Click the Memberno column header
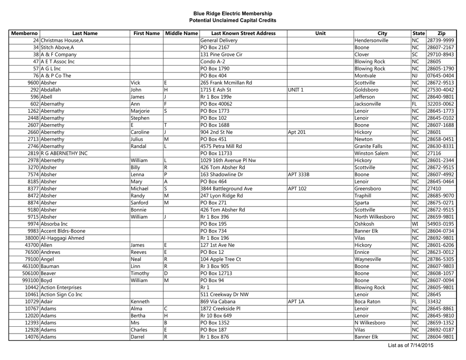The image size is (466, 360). pos(24,33)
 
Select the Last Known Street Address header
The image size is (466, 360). pos(243,33)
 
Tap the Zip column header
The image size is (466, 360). pos(441,33)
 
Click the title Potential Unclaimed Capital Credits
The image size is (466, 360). pos(233,20)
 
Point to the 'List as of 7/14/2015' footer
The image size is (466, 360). pos(410,345)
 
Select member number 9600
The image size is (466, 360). pos(33,83)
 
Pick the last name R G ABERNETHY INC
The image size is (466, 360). pos(64,153)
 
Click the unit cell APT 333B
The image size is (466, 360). pos(299,174)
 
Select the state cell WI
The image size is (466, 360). pos(415,224)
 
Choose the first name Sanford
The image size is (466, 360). pos(139,203)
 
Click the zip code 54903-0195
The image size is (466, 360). pos(441,224)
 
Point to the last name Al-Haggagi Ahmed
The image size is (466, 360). pos(62,238)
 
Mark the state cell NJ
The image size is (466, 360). pos(415,76)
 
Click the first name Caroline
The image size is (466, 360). pos(140,132)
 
